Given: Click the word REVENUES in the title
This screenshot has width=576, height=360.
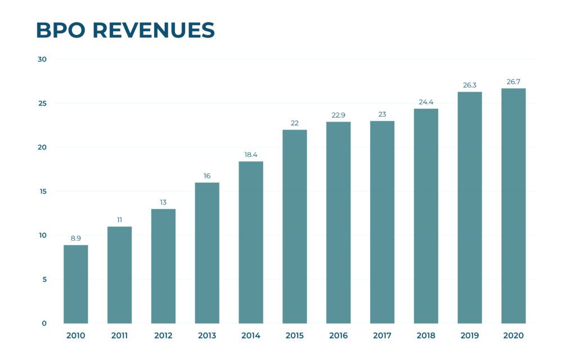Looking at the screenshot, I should pos(154,30).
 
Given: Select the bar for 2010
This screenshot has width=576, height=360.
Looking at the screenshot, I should pos(75,284).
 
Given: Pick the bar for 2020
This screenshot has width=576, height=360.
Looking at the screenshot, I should pos(514,206).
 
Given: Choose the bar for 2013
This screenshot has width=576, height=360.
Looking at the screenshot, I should pos(207,253).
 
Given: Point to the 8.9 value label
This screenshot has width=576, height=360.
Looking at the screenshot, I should pos(75,238).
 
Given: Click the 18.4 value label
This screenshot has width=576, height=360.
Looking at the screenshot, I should pos(251,155).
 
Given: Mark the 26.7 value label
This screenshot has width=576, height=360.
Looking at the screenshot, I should pos(514,82).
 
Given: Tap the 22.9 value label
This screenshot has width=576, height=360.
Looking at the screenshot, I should pos(338,115).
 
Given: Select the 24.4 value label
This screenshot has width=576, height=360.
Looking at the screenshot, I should pos(426,102).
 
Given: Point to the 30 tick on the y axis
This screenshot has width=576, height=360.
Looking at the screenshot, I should pos(42,60).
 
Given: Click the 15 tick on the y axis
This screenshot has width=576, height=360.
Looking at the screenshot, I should pos(42,192).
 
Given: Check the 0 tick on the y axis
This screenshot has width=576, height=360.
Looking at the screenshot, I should pos(44,323).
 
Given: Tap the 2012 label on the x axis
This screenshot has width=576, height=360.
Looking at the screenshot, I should pos(163,336).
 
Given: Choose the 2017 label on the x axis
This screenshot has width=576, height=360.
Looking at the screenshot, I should pos(382,336).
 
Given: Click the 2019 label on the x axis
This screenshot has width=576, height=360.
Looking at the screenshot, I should pos(470,336).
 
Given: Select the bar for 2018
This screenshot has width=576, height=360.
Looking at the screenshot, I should pos(426,216).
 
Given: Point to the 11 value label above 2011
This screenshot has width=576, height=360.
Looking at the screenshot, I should pos(119,220).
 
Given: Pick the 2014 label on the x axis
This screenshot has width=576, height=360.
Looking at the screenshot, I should pos(251,336).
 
